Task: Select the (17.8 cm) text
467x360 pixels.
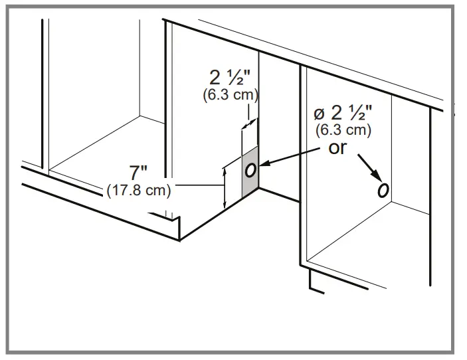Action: pyautogui.click(x=139, y=191)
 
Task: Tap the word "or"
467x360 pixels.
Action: pyautogui.click(x=337, y=147)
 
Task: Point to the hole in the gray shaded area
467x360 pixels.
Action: pyautogui.click(x=250, y=169)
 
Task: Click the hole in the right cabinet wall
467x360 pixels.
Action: pyautogui.click(x=383, y=191)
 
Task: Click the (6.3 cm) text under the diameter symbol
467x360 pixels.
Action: pyautogui.click(x=343, y=130)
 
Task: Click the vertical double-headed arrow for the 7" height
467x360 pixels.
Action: pyautogui.click(x=225, y=187)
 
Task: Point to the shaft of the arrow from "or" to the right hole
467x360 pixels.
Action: pyautogui.click(x=367, y=165)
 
